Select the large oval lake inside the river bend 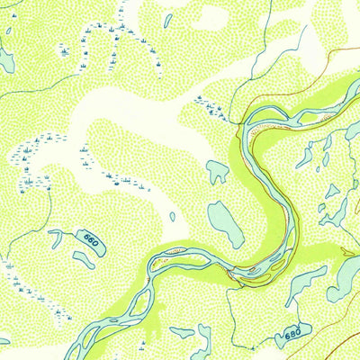tap(225, 223)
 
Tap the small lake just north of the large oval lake tap(217, 170)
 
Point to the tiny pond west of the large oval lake tap(173, 216)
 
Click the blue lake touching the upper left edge tap(5, 59)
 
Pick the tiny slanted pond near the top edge tap(167, 19)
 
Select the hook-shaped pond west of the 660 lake tap(56, 238)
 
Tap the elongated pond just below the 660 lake tap(84, 260)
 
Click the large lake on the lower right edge tap(346, 279)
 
